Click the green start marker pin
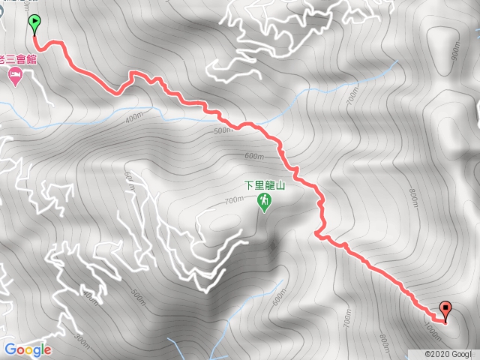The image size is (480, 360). click(x=34, y=23)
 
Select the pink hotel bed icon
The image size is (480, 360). click(x=14, y=76)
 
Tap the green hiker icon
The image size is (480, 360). click(x=264, y=202)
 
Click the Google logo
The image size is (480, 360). click(x=28, y=349)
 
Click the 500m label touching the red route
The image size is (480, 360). click(x=223, y=131)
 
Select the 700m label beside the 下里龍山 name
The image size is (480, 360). click(x=234, y=199)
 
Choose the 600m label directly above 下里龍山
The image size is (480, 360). click(x=254, y=156)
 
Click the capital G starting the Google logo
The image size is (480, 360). click(x=10, y=349)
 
